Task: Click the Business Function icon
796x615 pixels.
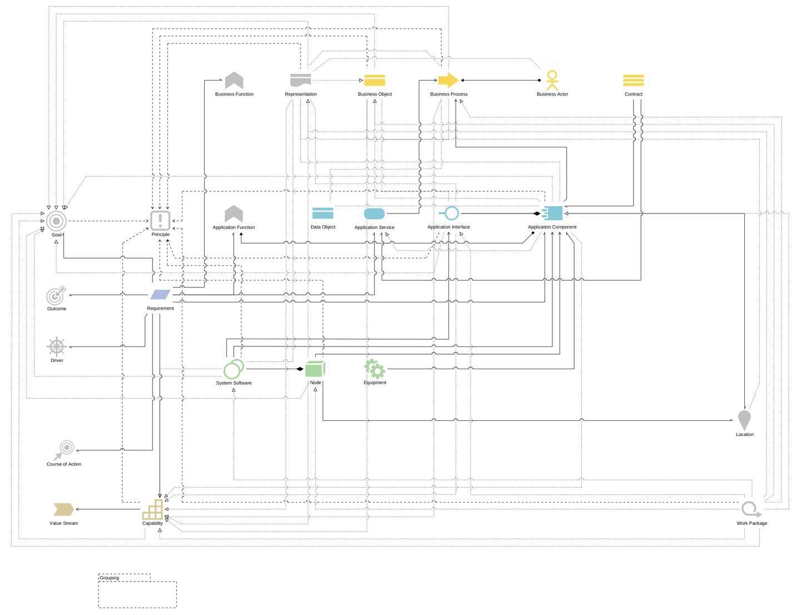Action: [x=234, y=81]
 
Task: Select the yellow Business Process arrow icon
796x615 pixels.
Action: [x=448, y=81]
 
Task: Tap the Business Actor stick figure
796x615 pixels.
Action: [x=552, y=80]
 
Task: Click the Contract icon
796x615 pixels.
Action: [x=633, y=81]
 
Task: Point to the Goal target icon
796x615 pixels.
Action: [x=56, y=221]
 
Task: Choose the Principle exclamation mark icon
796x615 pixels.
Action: [x=160, y=220]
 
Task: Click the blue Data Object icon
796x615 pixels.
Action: [x=323, y=214]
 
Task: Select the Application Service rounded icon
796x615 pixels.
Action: [x=374, y=214]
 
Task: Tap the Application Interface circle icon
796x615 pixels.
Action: [x=451, y=214]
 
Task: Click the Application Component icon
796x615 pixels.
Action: [x=552, y=214]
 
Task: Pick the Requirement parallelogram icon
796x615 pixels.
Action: [x=160, y=295]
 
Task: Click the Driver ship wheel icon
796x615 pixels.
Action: [x=57, y=346]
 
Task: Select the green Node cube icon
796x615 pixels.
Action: [x=315, y=369]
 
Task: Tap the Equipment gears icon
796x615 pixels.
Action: [x=374, y=368]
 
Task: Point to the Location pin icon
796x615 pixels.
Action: [x=744, y=419]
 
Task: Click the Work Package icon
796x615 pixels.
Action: [x=750, y=509]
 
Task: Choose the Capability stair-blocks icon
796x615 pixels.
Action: [x=153, y=509]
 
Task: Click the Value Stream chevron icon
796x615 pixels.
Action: [x=63, y=509]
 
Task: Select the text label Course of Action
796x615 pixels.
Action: [x=64, y=464]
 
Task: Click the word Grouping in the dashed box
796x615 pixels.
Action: [x=110, y=578]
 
